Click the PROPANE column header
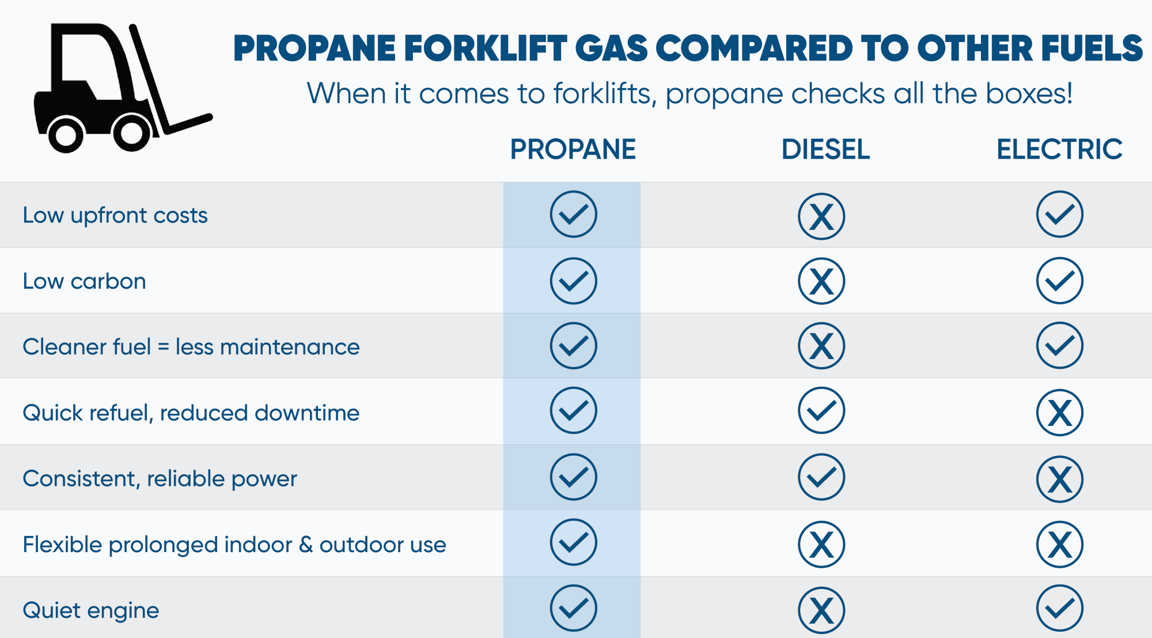click(x=573, y=149)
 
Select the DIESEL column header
click(x=825, y=149)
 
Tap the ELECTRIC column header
click(x=1059, y=149)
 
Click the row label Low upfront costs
click(x=115, y=216)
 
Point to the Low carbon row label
click(x=84, y=281)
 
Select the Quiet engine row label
click(x=91, y=611)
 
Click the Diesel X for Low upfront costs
click(x=821, y=217)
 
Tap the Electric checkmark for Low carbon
click(x=1060, y=281)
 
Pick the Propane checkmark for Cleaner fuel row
click(x=573, y=346)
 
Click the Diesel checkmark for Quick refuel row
click(x=821, y=410)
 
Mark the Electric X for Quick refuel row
click(x=1060, y=413)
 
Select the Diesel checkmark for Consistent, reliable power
click(x=821, y=477)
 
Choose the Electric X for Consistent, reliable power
click(x=1060, y=479)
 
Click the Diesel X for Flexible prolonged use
click(x=821, y=545)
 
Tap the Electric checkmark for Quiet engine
click(x=1060, y=609)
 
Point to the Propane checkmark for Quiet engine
click(x=573, y=609)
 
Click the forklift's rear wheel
click(x=66, y=135)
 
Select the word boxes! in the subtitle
click(x=1029, y=93)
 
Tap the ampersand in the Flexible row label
click(x=306, y=545)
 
